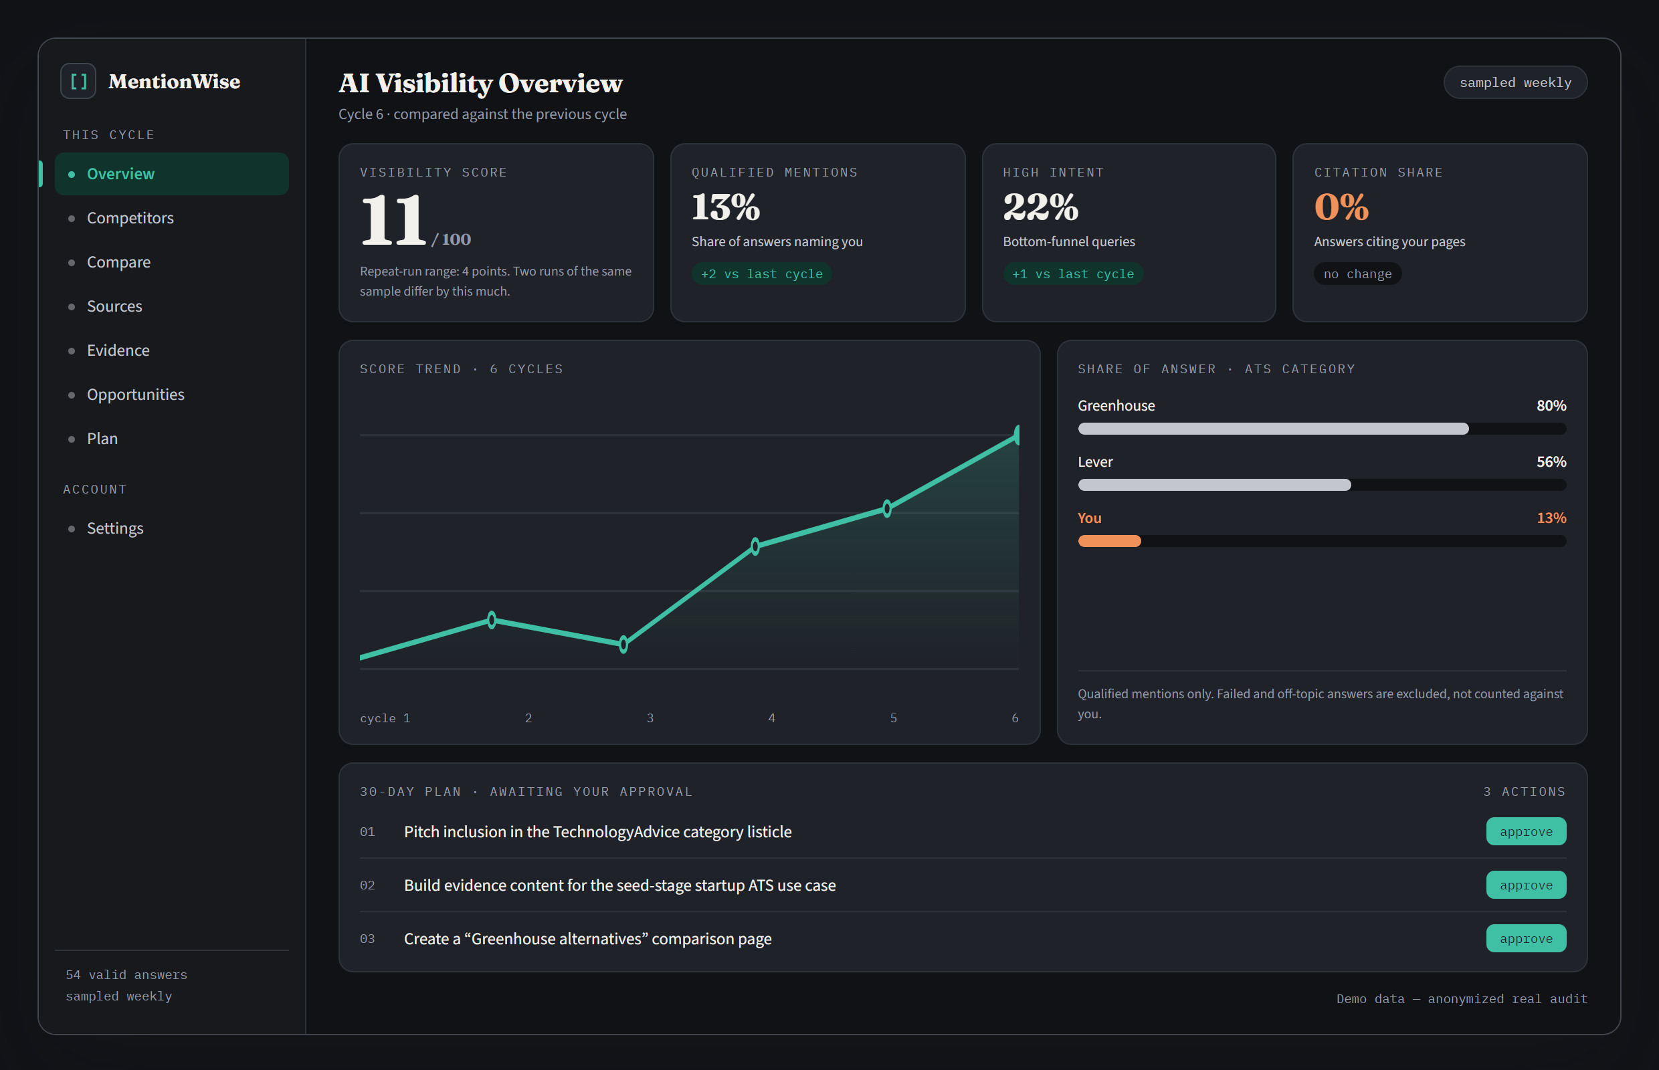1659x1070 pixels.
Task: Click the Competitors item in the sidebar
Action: click(x=130, y=218)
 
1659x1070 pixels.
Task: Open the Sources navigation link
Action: click(x=114, y=306)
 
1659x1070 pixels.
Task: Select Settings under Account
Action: click(x=114, y=529)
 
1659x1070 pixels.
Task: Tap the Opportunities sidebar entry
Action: click(x=136, y=395)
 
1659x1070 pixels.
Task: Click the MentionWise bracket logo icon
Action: click(x=78, y=82)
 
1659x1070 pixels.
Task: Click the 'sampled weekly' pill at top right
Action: click(x=1515, y=83)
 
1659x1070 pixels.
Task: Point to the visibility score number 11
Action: click(x=393, y=219)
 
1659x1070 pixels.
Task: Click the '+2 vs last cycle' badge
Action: click(x=762, y=274)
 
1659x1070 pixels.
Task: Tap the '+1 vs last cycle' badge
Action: click(x=1073, y=274)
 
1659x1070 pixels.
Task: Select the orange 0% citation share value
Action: click(x=1341, y=207)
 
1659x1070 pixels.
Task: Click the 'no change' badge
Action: click(x=1357, y=274)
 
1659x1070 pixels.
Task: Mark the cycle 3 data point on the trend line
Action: click(x=623, y=645)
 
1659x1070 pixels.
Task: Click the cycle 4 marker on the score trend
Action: click(x=755, y=546)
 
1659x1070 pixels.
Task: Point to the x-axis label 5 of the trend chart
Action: click(x=893, y=718)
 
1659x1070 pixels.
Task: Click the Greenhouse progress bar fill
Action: click(x=1273, y=429)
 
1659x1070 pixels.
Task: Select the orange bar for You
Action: click(x=1109, y=541)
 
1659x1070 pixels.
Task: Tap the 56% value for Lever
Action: click(x=1551, y=462)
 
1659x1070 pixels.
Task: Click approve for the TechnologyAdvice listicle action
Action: click(x=1527, y=832)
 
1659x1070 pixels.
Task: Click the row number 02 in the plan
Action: click(x=367, y=885)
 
